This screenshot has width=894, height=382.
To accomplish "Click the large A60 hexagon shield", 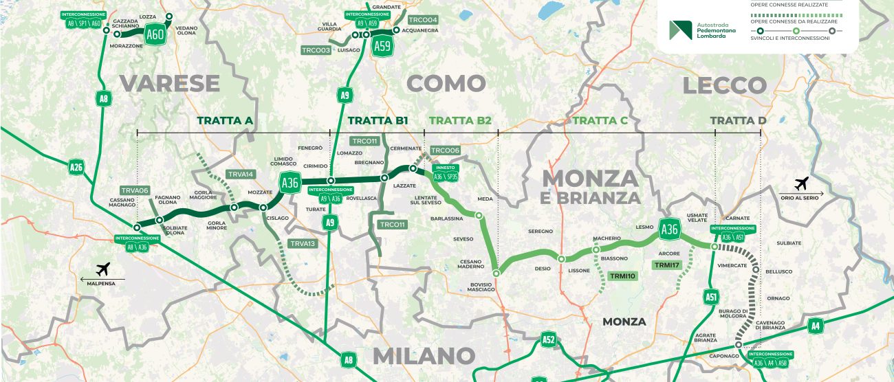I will tap(155, 34).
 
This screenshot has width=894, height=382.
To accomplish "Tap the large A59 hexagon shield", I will tap(382, 46).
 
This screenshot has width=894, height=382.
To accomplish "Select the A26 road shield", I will tap(76, 166).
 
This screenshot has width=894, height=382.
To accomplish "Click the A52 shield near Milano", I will tap(548, 339).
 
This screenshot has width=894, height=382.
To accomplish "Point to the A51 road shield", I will tap(712, 297).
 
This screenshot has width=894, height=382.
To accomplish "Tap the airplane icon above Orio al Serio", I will tap(800, 183).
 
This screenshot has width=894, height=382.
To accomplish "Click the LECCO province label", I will tap(724, 85).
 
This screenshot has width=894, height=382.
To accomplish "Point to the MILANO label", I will tap(424, 356).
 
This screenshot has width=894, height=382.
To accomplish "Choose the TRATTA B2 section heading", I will tap(460, 120).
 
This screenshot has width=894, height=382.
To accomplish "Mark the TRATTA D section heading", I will tap(738, 120).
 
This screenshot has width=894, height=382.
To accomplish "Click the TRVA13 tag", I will tap(303, 243).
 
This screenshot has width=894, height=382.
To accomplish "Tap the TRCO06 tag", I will tap(444, 150).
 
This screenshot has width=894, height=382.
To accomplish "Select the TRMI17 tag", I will tap(666, 265).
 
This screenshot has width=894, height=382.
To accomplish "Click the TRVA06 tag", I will tap(135, 190).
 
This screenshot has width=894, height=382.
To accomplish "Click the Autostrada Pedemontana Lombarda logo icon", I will tap(680, 30).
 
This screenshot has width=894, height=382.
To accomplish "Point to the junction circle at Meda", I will tap(479, 216).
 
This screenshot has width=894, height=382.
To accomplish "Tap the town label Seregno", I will tap(541, 232).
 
